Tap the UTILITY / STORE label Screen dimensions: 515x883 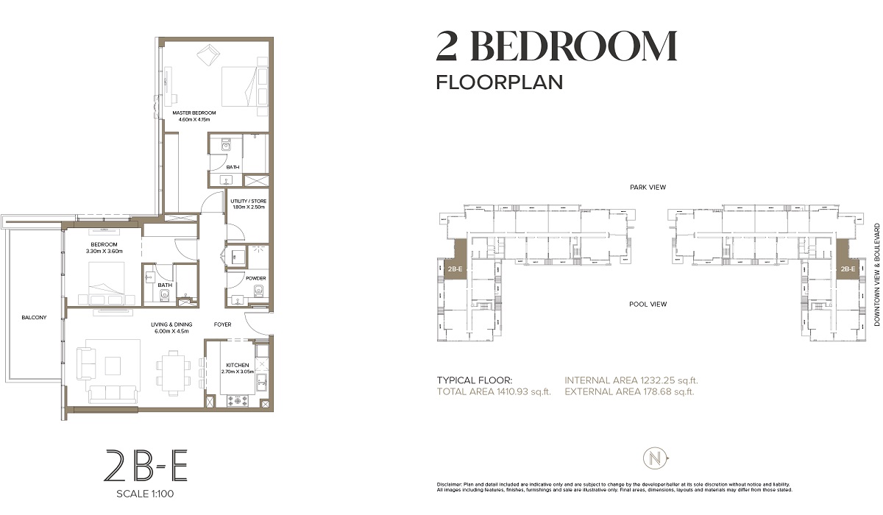(x=247, y=201)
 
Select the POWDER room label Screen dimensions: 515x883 (x=256, y=278)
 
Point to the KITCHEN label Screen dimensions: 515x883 (x=237, y=365)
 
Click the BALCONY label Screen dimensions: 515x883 (x=34, y=318)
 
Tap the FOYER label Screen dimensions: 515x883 (x=224, y=323)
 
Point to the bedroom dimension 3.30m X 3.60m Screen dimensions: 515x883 (x=104, y=252)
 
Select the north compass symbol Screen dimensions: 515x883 (x=653, y=458)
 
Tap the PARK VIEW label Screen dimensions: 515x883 (x=648, y=188)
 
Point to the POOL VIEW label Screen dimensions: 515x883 (x=648, y=304)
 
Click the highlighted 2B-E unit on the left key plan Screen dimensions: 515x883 (x=455, y=269)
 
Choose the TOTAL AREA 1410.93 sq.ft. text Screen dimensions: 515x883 (x=494, y=392)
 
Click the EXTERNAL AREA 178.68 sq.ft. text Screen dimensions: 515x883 (x=631, y=392)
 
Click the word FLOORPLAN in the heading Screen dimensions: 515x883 (x=500, y=82)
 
